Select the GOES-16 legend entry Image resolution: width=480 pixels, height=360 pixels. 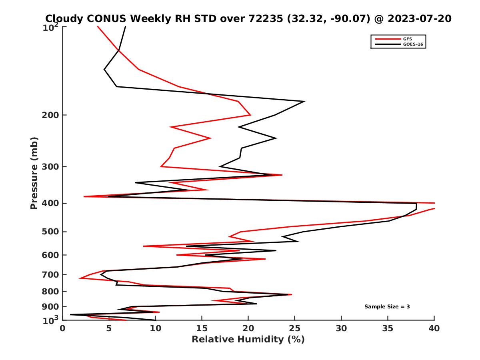[412, 44]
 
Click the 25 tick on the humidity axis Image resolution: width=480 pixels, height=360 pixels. [295, 328]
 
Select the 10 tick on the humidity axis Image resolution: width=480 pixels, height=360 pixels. [155, 328]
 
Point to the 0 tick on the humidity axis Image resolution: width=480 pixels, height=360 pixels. [62, 328]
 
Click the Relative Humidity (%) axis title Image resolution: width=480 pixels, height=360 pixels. [248, 340]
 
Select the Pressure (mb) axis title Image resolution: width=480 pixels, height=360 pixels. [34, 173]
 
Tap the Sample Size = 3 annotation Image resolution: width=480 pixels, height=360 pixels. [387, 307]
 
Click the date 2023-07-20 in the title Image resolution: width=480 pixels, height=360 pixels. [419, 18]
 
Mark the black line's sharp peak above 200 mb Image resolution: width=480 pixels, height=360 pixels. [305, 101]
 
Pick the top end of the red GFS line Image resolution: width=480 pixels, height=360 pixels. [97, 26]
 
